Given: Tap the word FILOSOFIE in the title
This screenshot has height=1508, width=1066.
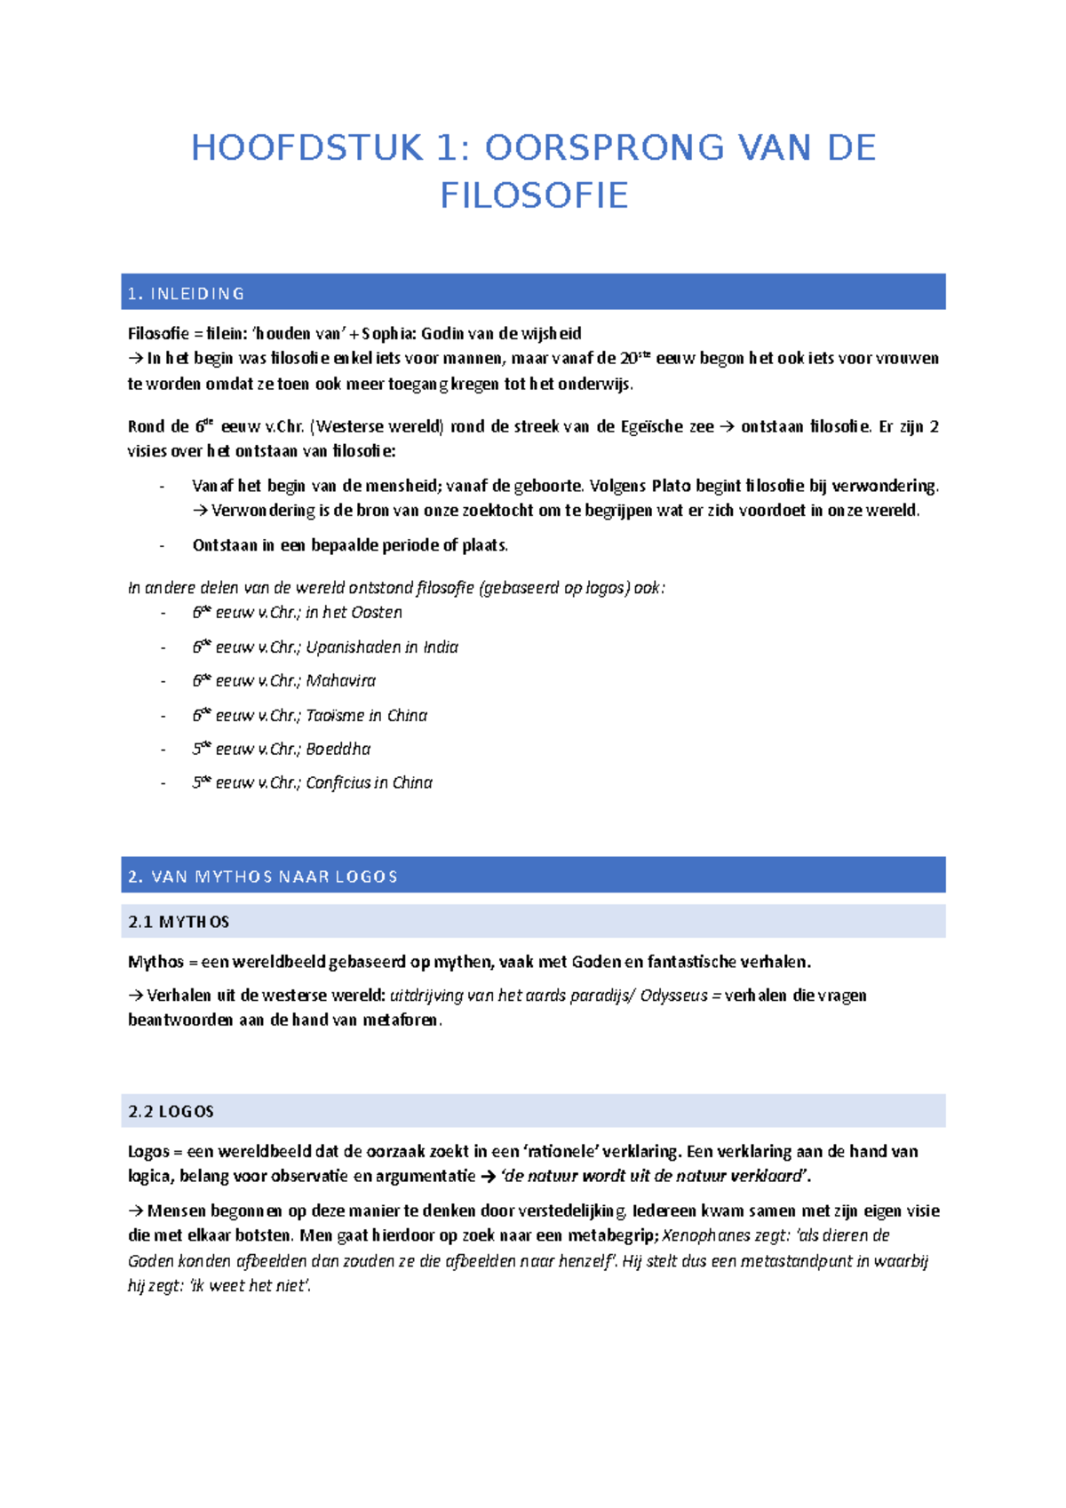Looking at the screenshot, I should coord(534,195).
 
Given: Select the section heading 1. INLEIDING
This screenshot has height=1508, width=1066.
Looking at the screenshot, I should coord(186,294).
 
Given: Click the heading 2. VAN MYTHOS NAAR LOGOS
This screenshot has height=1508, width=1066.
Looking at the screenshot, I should coord(262,877).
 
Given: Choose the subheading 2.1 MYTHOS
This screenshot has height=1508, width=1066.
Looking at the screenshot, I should coord(179,922).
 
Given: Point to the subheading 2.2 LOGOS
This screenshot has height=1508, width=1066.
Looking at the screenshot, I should coord(171,1112).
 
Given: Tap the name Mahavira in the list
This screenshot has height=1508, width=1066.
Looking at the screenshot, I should coord(340,681).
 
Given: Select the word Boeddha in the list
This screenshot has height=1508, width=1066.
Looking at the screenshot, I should coord(338,749).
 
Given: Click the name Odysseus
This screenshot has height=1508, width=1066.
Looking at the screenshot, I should coord(673,996).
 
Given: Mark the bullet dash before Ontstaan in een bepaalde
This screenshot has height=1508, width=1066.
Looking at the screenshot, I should coord(162,545).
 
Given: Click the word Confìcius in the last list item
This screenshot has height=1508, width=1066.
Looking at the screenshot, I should coord(337,782).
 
